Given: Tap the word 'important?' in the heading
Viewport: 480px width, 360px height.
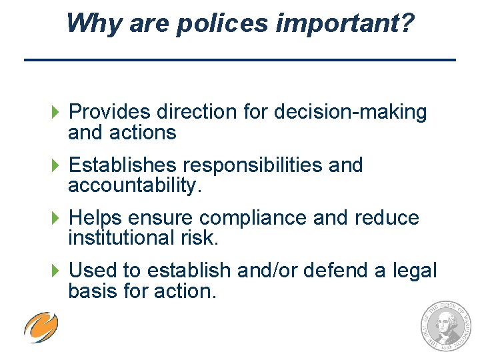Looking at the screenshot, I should pyautogui.click(x=345, y=24).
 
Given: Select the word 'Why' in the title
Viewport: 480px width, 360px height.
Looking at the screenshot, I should pyautogui.click(x=91, y=24).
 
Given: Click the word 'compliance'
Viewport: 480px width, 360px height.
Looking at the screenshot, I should pyautogui.click(x=257, y=218).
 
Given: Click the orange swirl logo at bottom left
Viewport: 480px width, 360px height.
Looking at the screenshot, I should pyautogui.click(x=41, y=327).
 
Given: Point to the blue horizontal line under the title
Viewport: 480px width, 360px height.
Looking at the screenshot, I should pyautogui.click(x=240, y=61).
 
